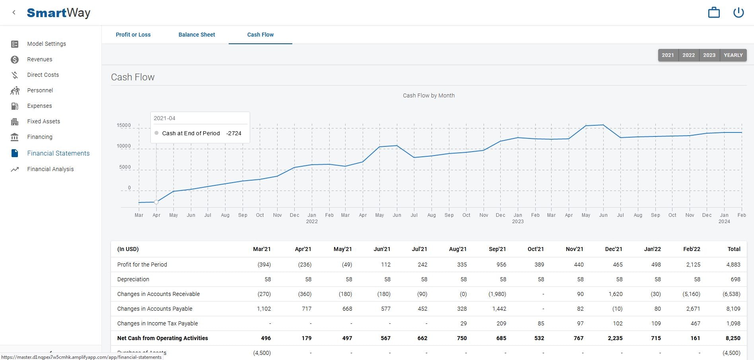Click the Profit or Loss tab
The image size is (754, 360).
tap(133, 35)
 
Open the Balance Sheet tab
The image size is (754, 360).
tap(196, 35)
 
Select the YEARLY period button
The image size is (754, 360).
tap(733, 55)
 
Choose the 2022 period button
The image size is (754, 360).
tap(688, 55)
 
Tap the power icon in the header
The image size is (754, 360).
tap(738, 12)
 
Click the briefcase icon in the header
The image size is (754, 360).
tap(714, 12)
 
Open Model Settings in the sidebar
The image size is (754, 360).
tap(47, 44)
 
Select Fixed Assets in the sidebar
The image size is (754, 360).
tap(43, 121)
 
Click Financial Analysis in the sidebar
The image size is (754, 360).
tap(50, 169)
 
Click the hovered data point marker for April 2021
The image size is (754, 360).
tap(156, 202)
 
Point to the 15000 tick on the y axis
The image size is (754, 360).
tap(124, 125)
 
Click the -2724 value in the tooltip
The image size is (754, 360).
tap(234, 133)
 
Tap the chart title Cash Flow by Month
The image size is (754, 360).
tap(428, 95)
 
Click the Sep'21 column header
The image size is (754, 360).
tap(497, 249)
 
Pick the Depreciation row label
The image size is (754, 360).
tap(133, 279)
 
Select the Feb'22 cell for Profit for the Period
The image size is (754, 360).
tap(693, 265)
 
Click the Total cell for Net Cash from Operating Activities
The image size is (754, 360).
tap(733, 338)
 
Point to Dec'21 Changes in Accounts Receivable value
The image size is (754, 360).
tap(615, 294)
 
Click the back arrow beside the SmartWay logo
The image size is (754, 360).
tap(14, 12)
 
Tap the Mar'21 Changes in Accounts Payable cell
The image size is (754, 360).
tap(264, 309)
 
